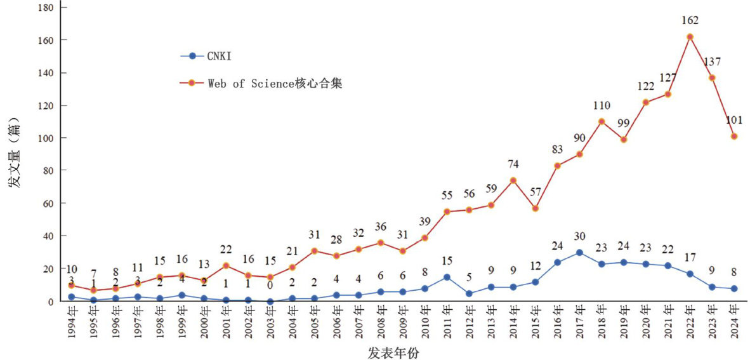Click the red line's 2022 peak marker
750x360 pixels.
click(x=690, y=37)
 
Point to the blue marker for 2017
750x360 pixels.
click(x=579, y=253)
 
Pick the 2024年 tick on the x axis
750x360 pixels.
click(x=734, y=323)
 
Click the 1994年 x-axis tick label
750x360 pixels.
click(x=72, y=323)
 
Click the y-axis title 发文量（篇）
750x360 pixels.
click(x=14, y=153)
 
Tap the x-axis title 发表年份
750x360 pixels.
click(x=392, y=352)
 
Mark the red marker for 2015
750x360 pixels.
click(x=536, y=208)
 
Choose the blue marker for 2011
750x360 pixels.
click(x=447, y=277)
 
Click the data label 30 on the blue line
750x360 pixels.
click(x=579, y=237)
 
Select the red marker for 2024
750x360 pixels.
click(x=734, y=137)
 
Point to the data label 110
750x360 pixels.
click(x=602, y=104)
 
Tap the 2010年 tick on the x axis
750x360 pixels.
click(x=425, y=323)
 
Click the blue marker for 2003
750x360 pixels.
click(x=270, y=302)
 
